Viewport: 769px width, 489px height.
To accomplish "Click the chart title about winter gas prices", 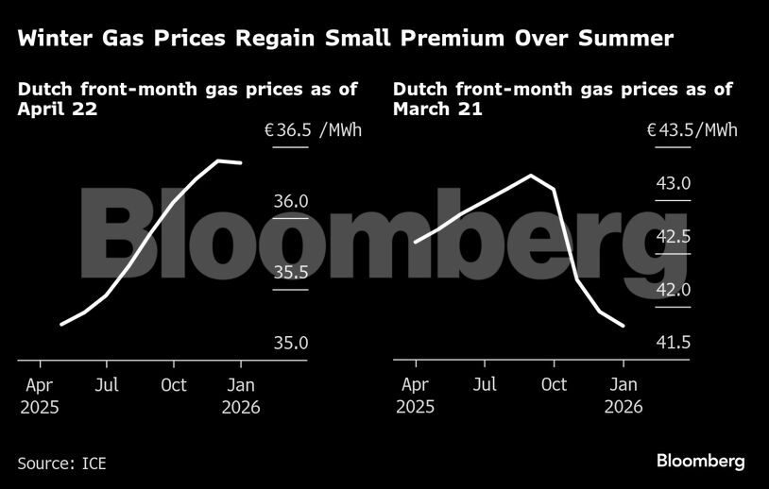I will tap(345, 39).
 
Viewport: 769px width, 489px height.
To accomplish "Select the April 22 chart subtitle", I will tap(188, 99).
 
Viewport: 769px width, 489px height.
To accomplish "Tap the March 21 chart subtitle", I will tap(563, 99).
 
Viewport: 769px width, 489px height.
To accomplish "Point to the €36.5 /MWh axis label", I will tap(313, 130).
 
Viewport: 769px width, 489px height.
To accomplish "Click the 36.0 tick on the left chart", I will tap(291, 201).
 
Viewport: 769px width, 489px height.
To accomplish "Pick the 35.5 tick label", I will tap(291, 272).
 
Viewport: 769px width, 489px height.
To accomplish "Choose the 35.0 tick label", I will tap(291, 343).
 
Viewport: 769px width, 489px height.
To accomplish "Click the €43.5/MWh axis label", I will tap(692, 130).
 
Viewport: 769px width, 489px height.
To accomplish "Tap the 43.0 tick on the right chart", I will tap(674, 182).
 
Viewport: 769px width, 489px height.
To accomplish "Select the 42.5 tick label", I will tap(674, 236).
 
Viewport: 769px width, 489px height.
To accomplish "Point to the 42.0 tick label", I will tap(674, 290).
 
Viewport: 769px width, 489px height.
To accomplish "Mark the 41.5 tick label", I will tap(674, 343).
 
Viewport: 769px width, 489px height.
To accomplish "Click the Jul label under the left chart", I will tap(107, 385).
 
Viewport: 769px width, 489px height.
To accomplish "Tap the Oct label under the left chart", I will tap(174, 385).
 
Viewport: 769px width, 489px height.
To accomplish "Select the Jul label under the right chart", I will tap(485, 385).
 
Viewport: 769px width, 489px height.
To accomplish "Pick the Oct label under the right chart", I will tap(554, 385).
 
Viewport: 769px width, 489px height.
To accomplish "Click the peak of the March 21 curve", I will tap(532, 176).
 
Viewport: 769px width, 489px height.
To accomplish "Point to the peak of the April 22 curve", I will tap(219, 160).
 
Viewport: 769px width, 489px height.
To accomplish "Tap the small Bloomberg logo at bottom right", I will tap(701, 461).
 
